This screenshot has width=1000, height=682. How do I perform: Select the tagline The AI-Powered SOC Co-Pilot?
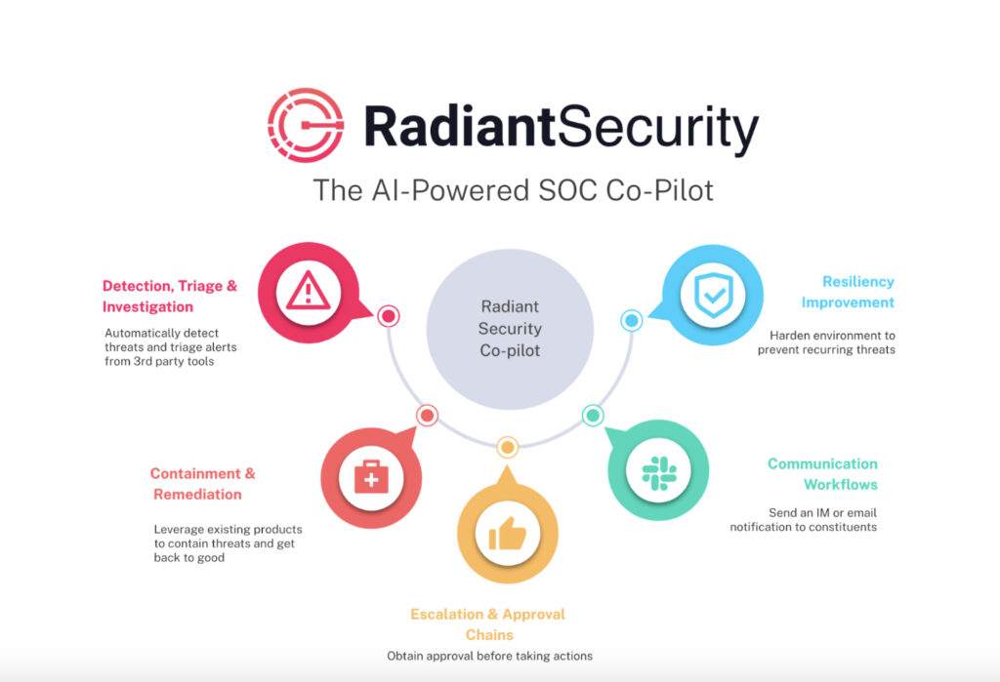513,189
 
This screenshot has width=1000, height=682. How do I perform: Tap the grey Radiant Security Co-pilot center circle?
510,330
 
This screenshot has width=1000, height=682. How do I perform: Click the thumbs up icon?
507,533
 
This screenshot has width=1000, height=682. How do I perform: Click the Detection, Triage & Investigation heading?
170,296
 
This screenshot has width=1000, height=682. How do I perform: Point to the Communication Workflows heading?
822,474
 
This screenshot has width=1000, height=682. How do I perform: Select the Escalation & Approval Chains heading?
488,624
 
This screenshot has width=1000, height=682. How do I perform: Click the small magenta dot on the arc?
389,316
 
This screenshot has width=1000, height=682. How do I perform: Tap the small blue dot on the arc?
631,320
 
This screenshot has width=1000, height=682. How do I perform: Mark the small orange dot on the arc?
507,448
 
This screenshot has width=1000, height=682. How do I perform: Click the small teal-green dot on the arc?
593,415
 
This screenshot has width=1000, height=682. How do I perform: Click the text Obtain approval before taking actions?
489,656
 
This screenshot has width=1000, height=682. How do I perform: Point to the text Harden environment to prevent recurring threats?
826,341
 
